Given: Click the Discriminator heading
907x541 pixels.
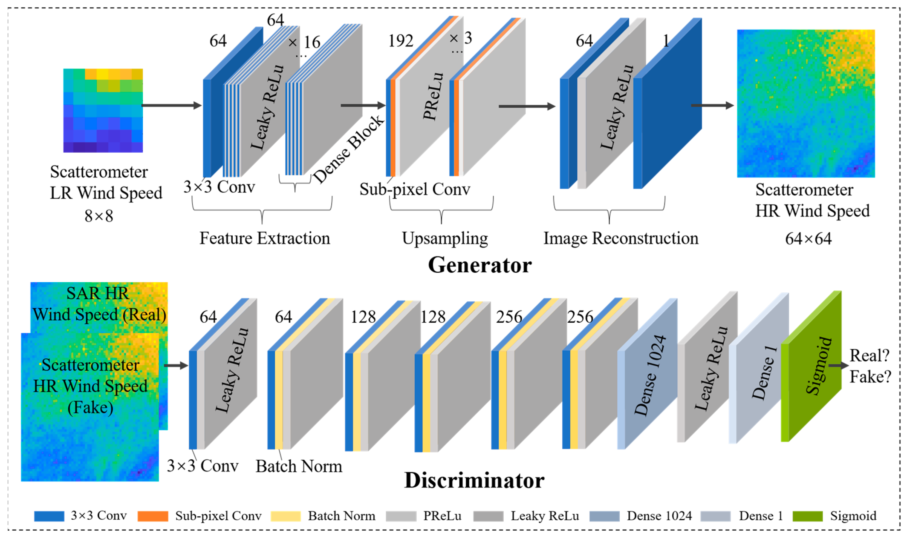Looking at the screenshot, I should pos(474,480).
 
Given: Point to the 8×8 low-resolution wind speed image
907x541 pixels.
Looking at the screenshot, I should pos(103,110).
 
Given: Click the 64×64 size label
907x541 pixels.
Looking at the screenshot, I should pos(808,239).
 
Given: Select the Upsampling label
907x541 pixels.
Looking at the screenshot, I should pos(445,238).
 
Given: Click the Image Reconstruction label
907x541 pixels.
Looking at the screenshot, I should pos(621,238).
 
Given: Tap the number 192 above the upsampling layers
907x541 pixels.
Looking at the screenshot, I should pos(401,41).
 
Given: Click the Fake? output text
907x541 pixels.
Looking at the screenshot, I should pos(870,377).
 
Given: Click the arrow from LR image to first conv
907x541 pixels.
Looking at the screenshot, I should pos(171,105).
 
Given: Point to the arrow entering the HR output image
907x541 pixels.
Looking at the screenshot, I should pos(712,105).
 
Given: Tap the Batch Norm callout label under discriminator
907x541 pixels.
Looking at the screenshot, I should pos(299,466).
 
